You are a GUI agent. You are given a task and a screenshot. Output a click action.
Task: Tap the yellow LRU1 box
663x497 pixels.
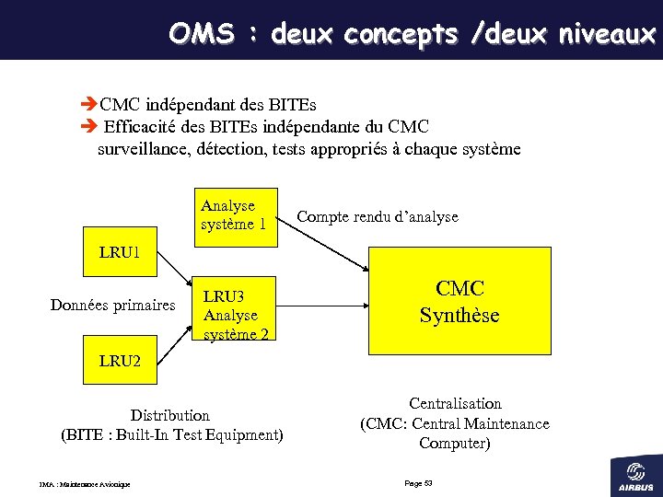click(120, 253)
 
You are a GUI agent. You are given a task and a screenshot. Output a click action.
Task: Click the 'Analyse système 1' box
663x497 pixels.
click(235, 216)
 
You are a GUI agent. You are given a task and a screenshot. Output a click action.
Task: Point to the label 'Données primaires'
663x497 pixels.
click(112, 306)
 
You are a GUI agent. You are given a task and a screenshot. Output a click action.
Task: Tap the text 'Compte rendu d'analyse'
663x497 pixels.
click(377, 217)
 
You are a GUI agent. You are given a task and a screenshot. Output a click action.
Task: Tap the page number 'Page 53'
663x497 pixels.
click(418, 483)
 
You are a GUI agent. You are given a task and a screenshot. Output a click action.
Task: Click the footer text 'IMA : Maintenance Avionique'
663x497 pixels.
click(84, 484)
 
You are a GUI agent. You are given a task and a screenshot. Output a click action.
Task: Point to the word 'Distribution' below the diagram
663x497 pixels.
click(169, 415)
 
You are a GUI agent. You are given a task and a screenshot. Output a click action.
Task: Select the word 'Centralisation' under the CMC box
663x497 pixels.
click(455, 403)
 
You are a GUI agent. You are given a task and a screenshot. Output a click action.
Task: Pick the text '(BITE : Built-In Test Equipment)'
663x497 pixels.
click(171, 434)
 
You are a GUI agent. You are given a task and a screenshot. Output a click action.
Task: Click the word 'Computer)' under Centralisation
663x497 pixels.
click(455, 444)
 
